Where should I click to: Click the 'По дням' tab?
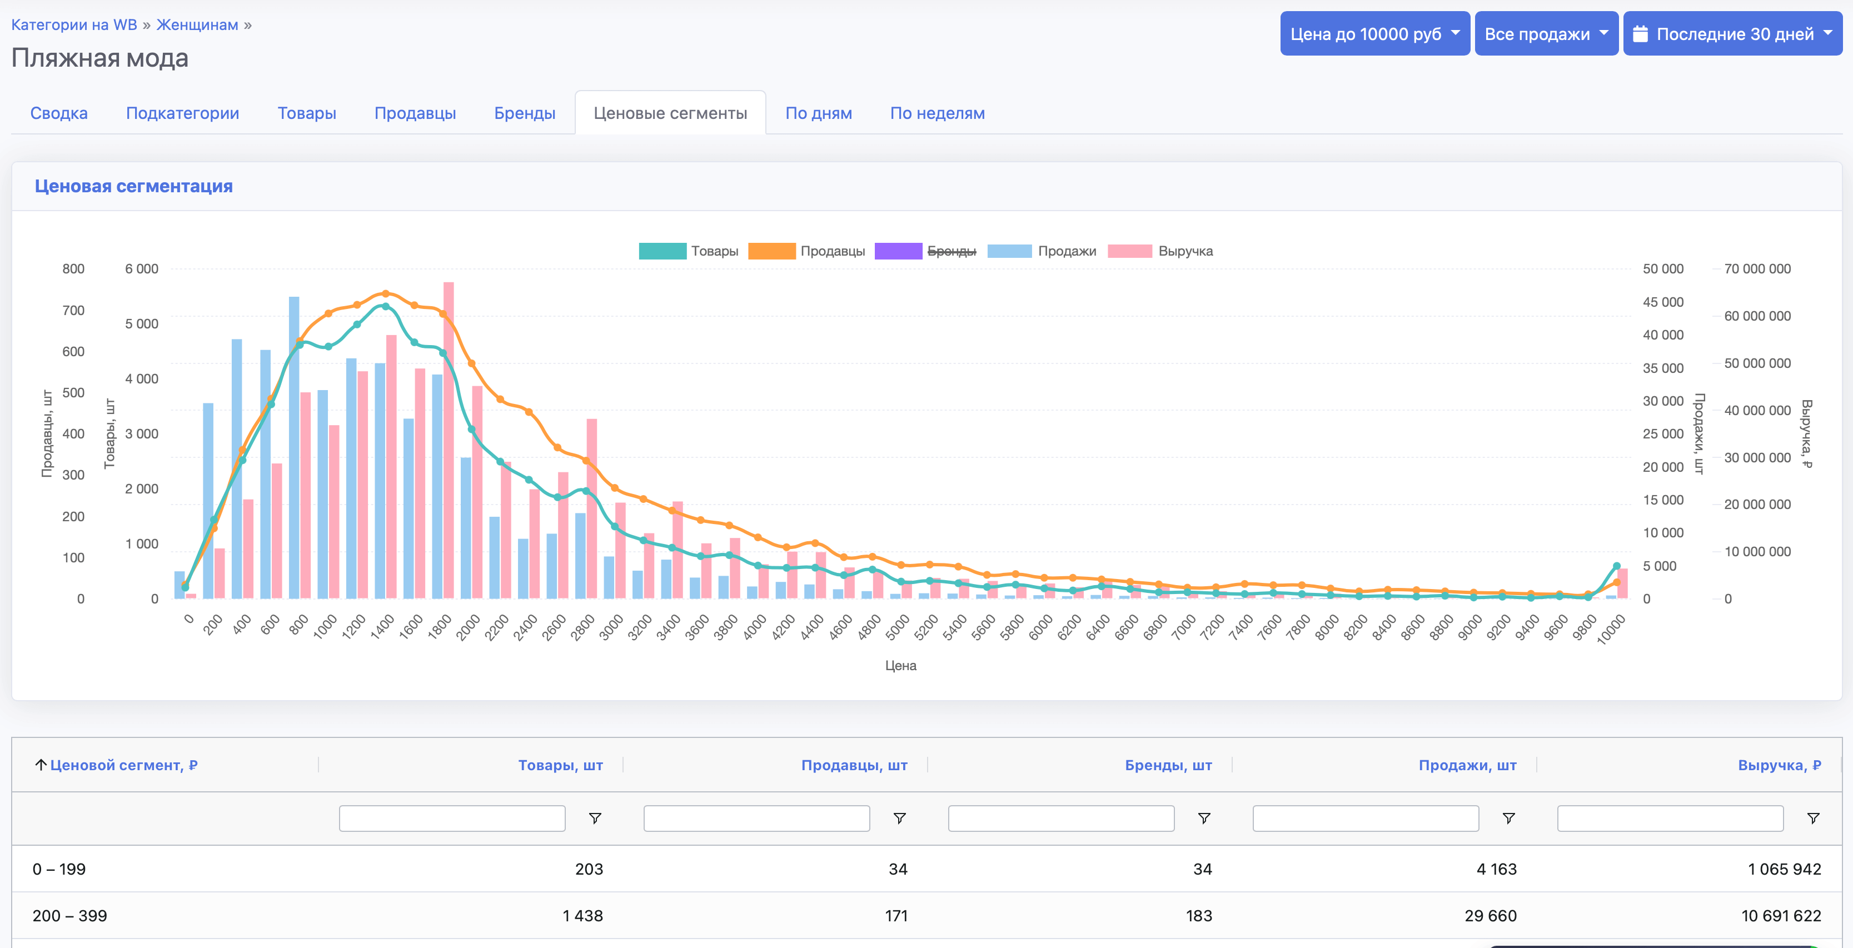[x=818, y=114]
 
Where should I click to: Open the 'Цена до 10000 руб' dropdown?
[x=1374, y=34]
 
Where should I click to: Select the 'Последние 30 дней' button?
[x=1732, y=34]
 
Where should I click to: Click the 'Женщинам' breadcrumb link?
[x=197, y=24]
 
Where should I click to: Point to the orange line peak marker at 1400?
[x=386, y=293]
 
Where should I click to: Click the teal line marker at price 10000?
[x=1616, y=566]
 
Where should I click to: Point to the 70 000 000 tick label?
[x=1757, y=269]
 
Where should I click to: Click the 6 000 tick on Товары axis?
[x=142, y=269]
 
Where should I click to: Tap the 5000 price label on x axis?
[x=897, y=628]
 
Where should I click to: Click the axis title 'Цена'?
[x=900, y=665]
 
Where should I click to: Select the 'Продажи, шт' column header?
[x=1467, y=765]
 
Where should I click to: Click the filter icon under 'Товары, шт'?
[x=595, y=819]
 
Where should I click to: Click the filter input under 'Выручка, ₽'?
[x=1670, y=819]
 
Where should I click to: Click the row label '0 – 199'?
[x=59, y=869]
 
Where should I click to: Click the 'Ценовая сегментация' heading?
[x=134, y=186]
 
